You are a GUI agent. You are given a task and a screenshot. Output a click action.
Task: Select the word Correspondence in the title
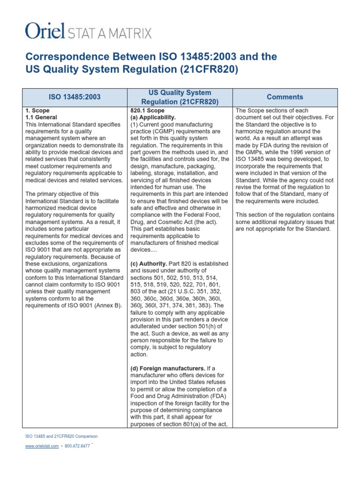(63, 57)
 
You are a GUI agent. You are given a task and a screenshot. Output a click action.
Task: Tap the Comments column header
(285, 97)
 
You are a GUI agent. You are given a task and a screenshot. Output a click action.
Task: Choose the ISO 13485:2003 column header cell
(75, 97)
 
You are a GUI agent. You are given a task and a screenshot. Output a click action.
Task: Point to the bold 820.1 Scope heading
(148, 110)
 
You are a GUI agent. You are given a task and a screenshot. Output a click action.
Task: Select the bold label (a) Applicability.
(153, 117)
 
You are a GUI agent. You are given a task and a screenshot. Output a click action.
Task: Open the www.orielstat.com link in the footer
(42, 446)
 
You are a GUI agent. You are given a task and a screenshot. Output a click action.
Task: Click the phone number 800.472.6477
(77, 446)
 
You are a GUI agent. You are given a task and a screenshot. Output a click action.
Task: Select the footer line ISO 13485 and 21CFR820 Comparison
(61, 436)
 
